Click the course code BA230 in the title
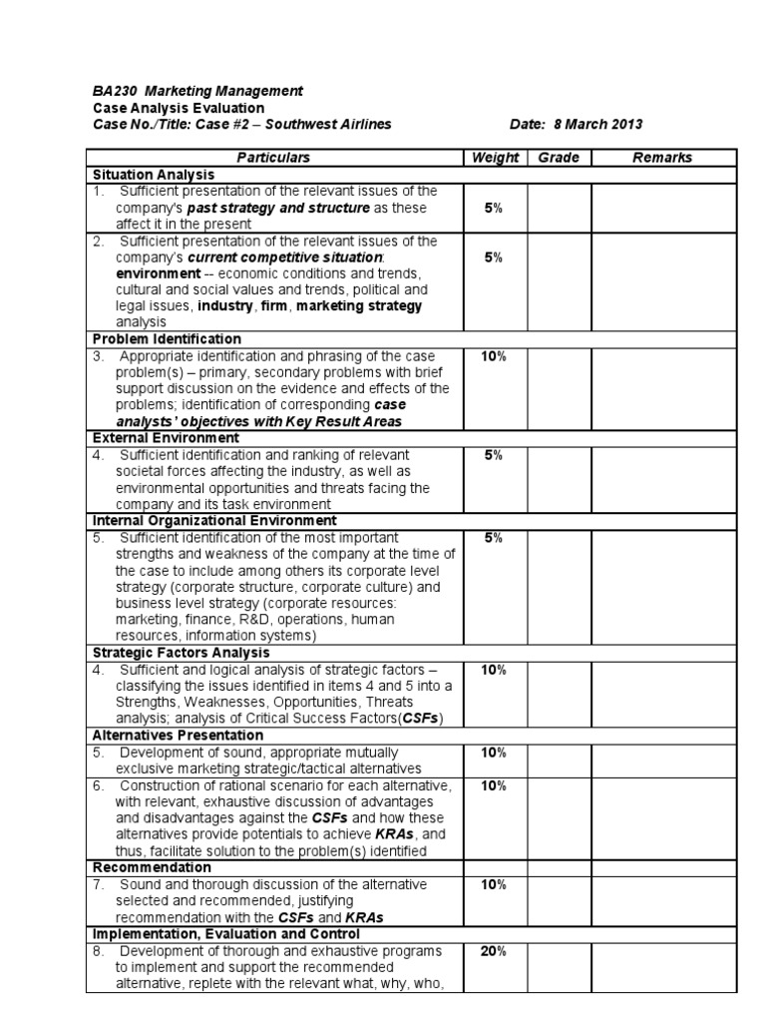pyautogui.click(x=111, y=91)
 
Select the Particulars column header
pyautogui.click(x=273, y=158)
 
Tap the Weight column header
pyautogui.click(x=495, y=158)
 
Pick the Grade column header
pyautogui.click(x=559, y=158)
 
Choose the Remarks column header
pyautogui.click(x=662, y=158)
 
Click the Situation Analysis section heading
pyautogui.click(x=153, y=175)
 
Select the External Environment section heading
pyautogui.click(x=165, y=438)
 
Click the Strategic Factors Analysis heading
pyautogui.click(x=181, y=653)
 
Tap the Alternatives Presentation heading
pyautogui.click(x=180, y=736)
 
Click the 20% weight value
pyautogui.click(x=494, y=951)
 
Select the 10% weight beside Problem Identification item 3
pyautogui.click(x=494, y=356)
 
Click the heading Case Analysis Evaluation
pyautogui.click(x=179, y=108)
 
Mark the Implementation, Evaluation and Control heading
pyautogui.click(x=219, y=934)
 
